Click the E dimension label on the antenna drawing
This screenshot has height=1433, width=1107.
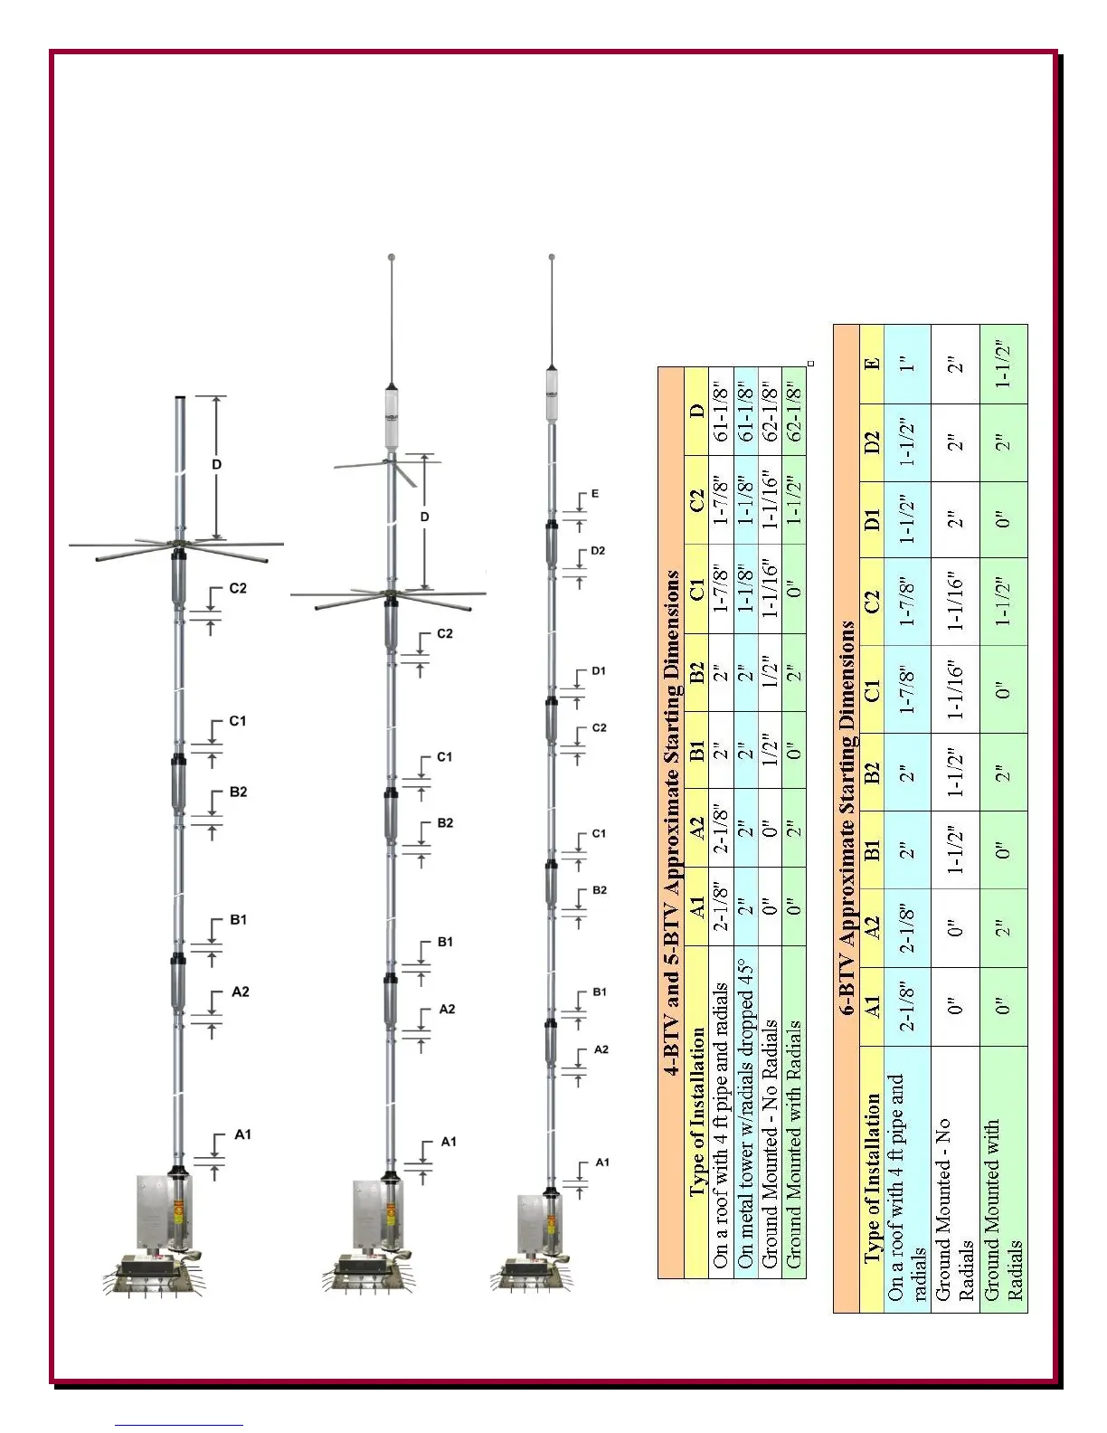point(594,494)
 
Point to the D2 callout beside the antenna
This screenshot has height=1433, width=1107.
point(598,551)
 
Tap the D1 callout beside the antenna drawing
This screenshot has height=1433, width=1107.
point(598,671)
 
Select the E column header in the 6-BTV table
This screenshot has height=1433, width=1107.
point(871,364)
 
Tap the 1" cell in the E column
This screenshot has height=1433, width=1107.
point(908,364)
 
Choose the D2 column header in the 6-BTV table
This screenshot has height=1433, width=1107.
point(871,442)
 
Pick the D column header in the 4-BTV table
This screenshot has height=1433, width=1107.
point(695,411)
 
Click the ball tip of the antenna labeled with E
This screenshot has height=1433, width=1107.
point(552,258)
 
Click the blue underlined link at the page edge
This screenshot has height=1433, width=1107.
point(179,1425)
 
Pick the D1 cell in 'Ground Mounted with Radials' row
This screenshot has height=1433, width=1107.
point(1003,519)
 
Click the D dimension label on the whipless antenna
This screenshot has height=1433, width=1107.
point(217,465)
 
